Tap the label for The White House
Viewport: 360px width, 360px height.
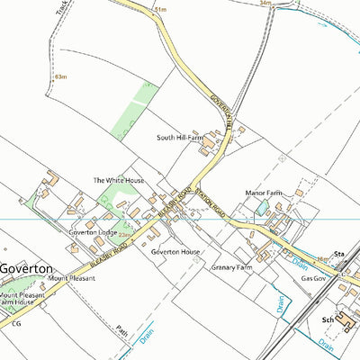[x=119, y=180]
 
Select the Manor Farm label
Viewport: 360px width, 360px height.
[x=264, y=193]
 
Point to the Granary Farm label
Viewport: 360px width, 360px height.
[x=229, y=268]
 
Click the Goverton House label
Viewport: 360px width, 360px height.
[x=175, y=253]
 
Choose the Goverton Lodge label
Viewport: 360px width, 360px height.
[x=94, y=232]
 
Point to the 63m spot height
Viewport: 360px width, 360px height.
[x=61, y=77]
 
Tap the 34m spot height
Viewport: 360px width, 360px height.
[x=265, y=4]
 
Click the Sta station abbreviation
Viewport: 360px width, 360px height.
[x=340, y=256]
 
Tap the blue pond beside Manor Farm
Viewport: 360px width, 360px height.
[x=261, y=208]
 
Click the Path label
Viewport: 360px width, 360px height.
[x=122, y=331]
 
